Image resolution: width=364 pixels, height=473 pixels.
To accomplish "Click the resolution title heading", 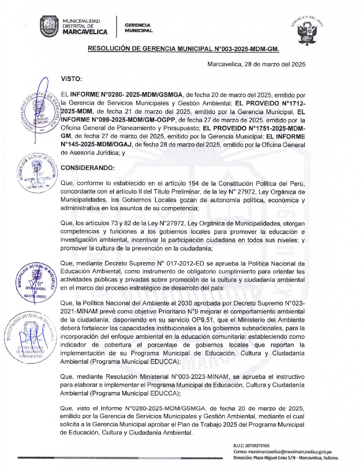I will click(184, 49).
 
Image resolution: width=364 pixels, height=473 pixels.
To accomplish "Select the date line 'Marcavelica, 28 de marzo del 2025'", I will click(256, 64).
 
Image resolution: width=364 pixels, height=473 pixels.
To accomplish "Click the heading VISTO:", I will click(71, 79).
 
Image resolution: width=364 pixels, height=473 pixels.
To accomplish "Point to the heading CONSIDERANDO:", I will click(88, 168).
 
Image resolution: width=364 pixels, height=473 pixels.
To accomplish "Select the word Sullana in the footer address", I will click(330, 458).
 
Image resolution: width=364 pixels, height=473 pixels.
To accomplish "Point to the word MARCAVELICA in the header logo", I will click(85, 32).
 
